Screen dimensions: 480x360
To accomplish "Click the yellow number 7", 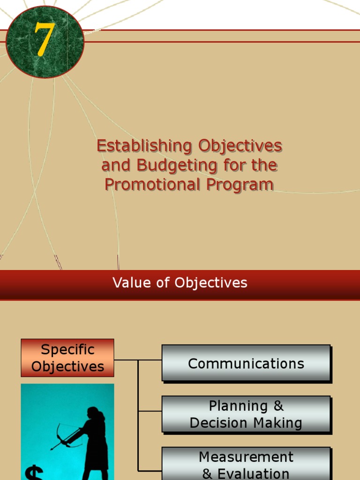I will [43, 41].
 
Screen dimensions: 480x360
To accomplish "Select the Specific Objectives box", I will [67, 358].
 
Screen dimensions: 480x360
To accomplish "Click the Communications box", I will [246, 363].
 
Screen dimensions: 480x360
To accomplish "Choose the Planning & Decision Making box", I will [246, 414].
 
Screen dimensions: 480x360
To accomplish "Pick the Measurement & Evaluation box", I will [246, 464].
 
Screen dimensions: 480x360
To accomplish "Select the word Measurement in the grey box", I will [246, 457].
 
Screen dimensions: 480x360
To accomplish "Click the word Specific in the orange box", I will [67, 350].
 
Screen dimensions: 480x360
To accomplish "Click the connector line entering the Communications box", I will [150, 360].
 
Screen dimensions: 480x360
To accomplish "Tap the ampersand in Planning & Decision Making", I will [279, 406].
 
